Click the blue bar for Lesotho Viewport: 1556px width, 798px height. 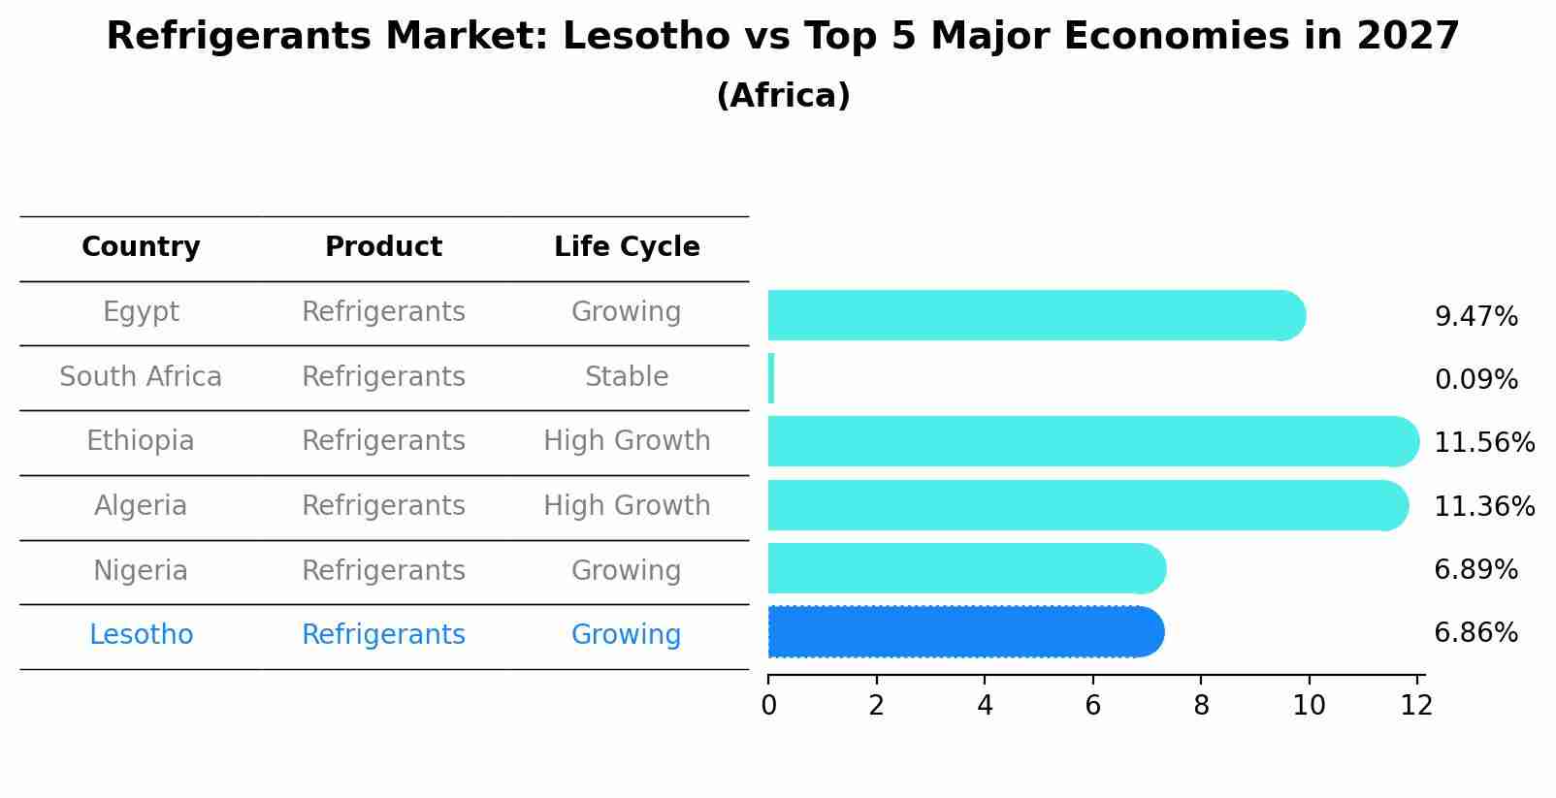tap(965, 632)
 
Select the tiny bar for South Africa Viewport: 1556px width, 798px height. tap(771, 378)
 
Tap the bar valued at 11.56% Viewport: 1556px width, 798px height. tap(1091, 442)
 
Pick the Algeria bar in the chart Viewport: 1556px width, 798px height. tap(1086, 505)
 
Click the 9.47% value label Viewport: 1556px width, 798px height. tap(1475, 317)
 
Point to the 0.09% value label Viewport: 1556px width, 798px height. tap(1475, 380)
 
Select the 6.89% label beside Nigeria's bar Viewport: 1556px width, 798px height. tap(1475, 570)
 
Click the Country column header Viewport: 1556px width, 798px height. tap(141, 247)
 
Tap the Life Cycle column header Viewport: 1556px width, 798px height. tap(627, 247)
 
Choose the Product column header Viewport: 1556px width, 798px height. tap(383, 247)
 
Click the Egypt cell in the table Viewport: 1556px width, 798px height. tap(141, 312)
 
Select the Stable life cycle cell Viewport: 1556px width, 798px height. tap(627, 377)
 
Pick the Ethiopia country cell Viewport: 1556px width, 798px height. tap(141, 441)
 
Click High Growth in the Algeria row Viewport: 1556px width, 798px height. tap(627, 506)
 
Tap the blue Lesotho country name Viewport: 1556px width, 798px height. tap(141, 635)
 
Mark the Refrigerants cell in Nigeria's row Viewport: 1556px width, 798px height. tap(383, 571)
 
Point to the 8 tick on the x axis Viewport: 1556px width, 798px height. tap(1201, 706)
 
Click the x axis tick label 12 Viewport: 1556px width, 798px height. tap(1416, 706)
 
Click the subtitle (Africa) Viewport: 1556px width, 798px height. tap(783, 96)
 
